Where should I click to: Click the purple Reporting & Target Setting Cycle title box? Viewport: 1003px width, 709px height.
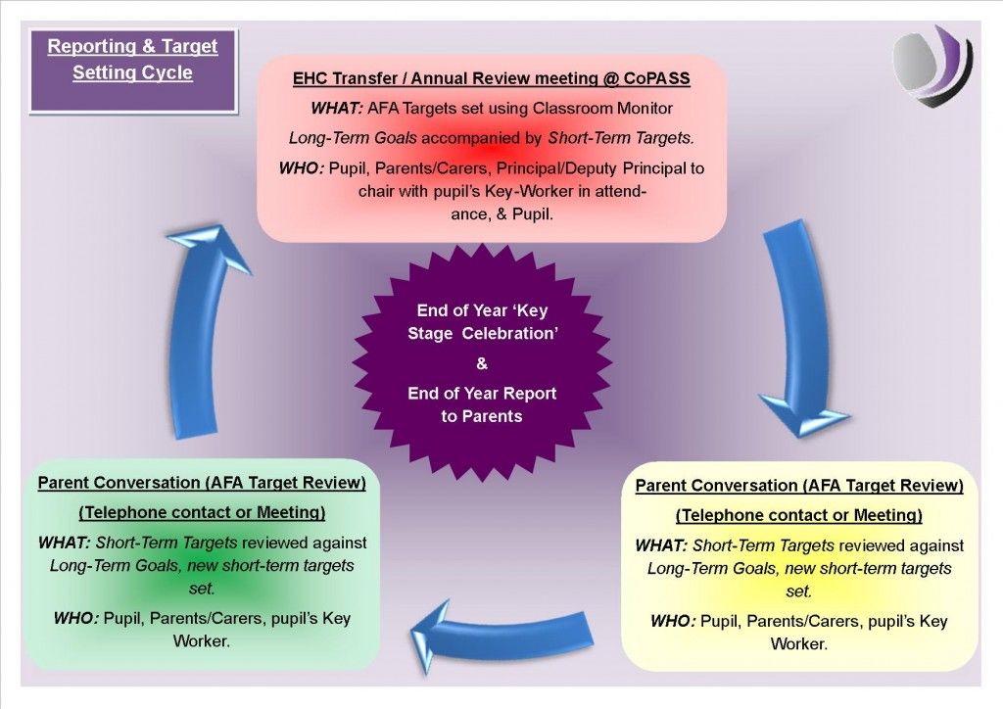coord(133,71)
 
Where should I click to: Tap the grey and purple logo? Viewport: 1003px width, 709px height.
coord(932,66)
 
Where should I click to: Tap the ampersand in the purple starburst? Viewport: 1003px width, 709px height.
coord(482,363)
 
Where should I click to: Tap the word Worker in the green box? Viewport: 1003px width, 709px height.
coord(202,640)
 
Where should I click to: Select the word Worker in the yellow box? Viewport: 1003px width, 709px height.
coord(799,643)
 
